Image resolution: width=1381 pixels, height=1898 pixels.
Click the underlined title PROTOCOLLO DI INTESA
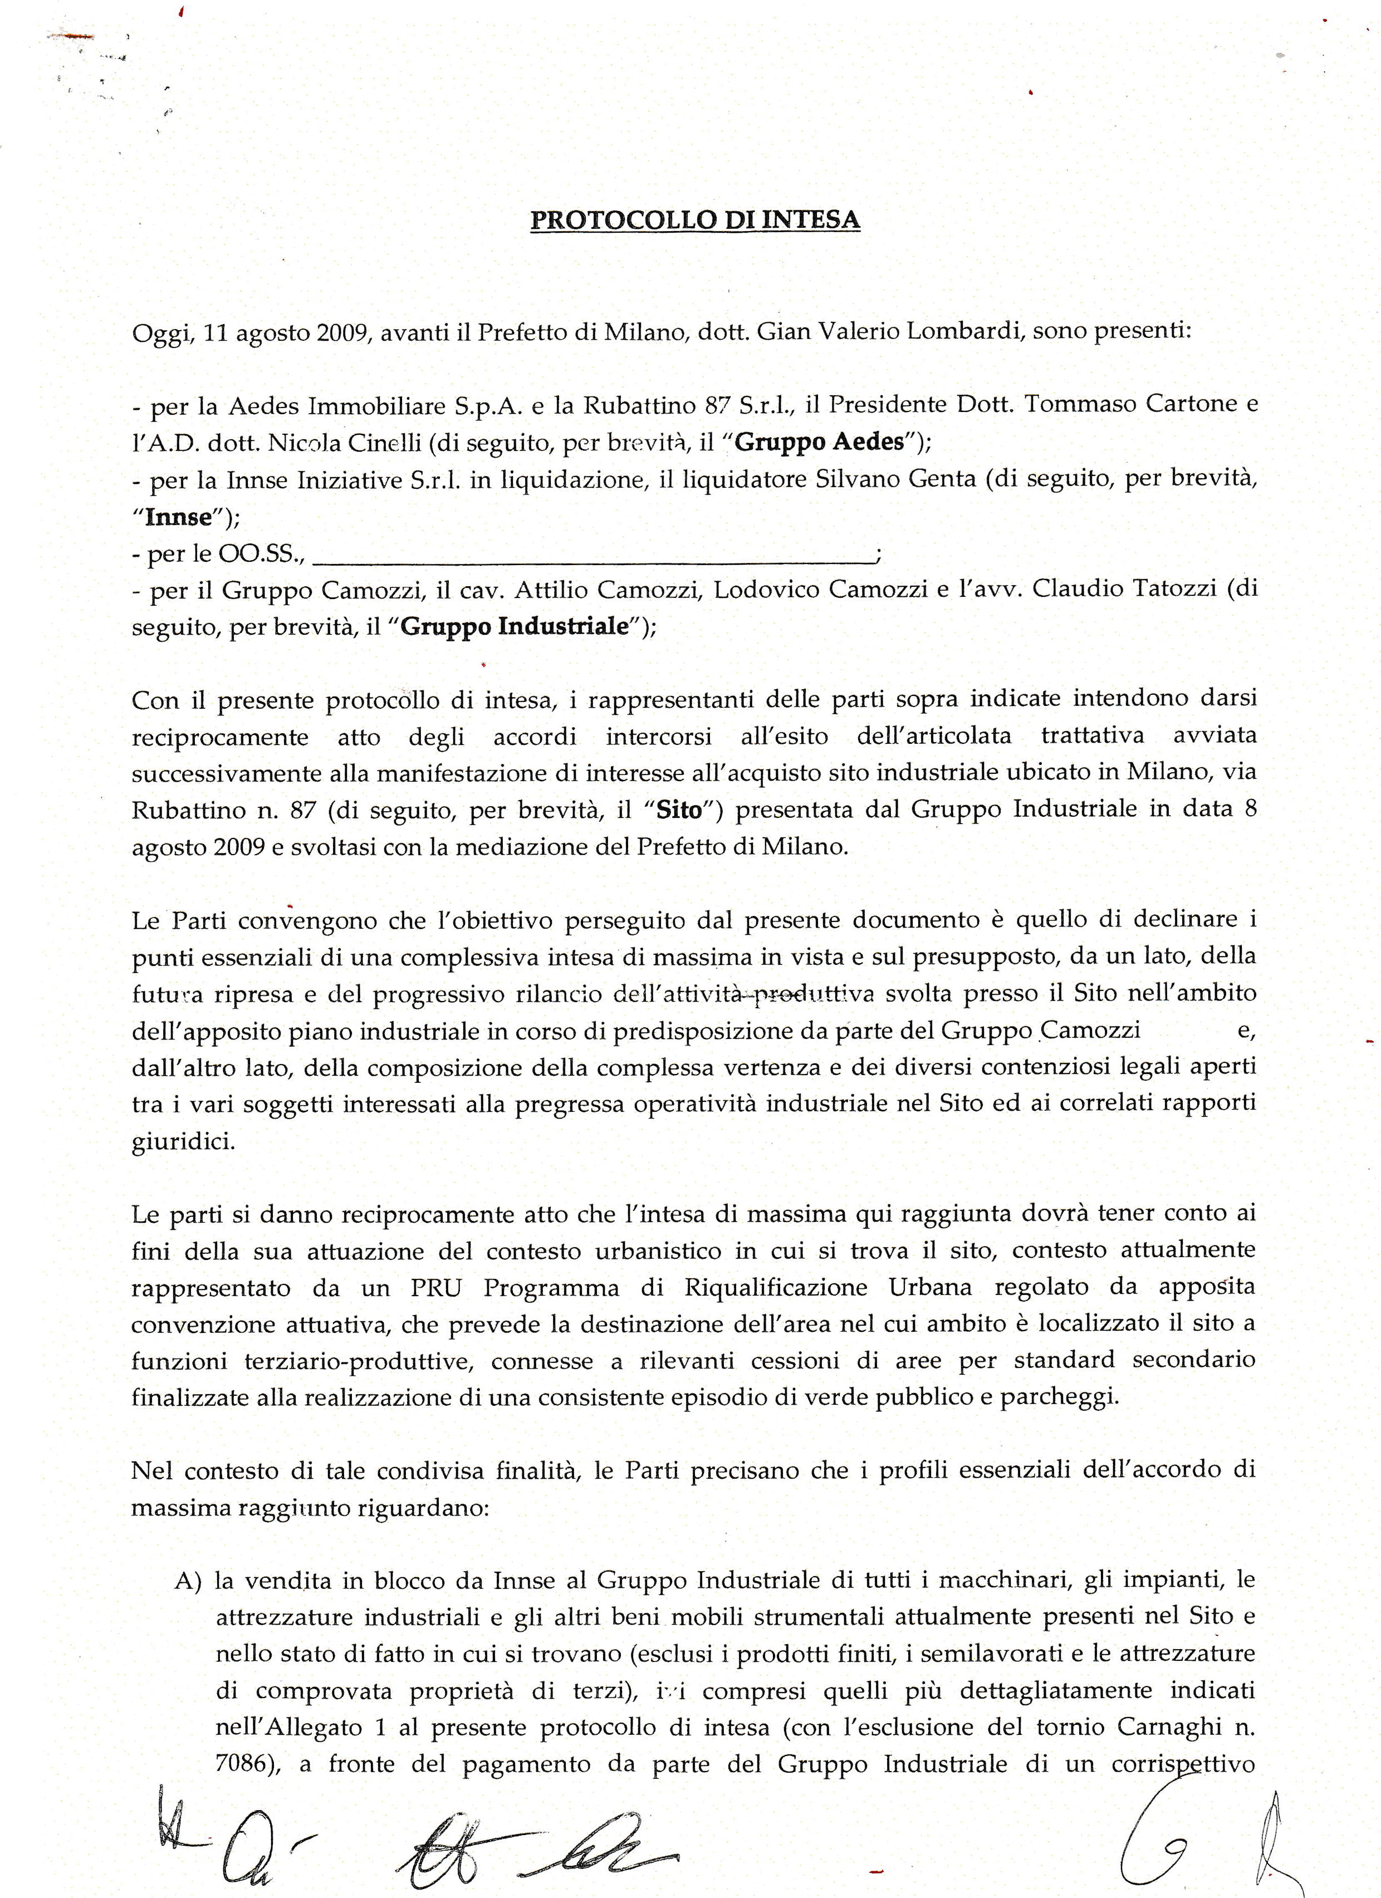pos(696,219)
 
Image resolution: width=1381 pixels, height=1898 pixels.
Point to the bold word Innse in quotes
pos(178,517)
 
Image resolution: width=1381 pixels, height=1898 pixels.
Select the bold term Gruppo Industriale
pos(515,627)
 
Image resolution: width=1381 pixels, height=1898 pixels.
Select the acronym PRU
pos(435,1288)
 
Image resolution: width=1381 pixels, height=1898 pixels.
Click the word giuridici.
pos(183,1143)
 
